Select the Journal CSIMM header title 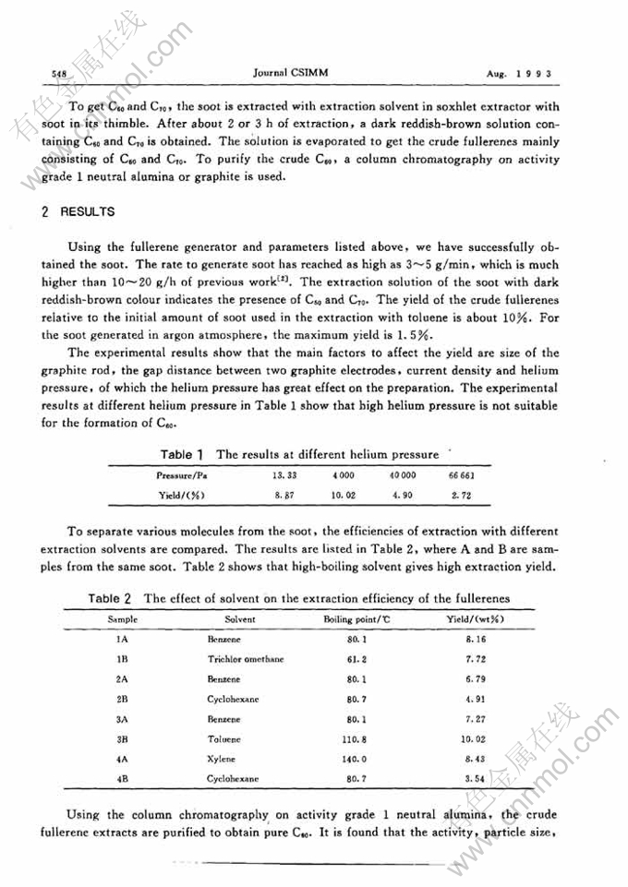290,70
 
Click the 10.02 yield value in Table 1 344,496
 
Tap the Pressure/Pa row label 182,475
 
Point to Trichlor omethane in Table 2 246,659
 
